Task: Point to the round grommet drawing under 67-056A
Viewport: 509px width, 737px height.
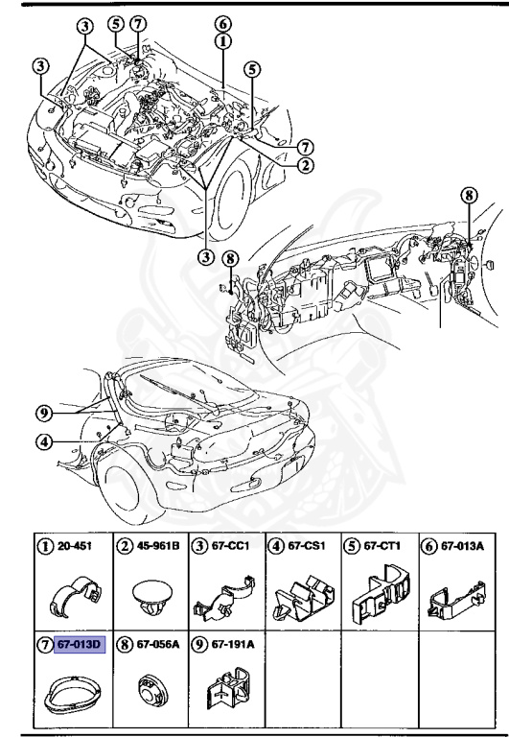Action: click(x=149, y=694)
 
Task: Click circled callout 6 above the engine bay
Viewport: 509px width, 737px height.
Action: click(x=222, y=24)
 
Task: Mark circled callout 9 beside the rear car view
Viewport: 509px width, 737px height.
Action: click(x=43, y=415)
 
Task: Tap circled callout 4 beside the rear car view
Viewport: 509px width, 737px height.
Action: click(x=43, y=442)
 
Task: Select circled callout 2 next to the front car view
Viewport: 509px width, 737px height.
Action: click(x=305, y=164)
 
